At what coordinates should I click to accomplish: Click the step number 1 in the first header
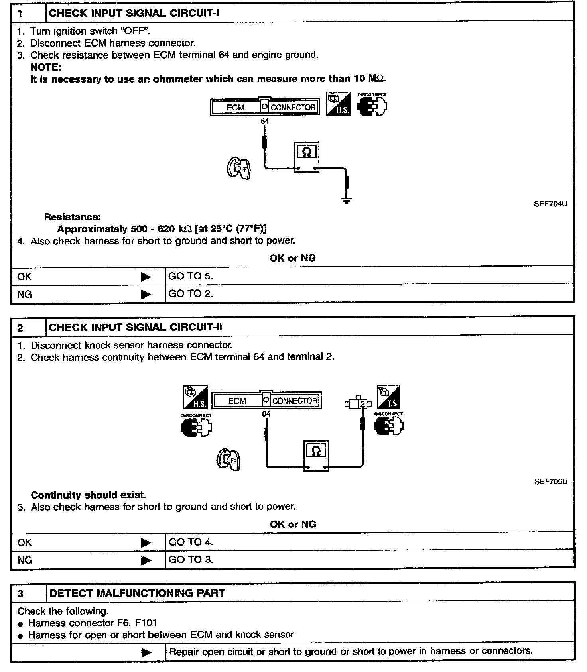20,14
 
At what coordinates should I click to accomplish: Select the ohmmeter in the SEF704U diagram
307,157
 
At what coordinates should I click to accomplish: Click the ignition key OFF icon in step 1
239,168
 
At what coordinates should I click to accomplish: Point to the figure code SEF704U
550,204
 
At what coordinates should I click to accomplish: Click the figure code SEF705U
551,481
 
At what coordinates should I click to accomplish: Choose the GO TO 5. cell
191,276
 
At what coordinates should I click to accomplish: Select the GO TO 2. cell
191,293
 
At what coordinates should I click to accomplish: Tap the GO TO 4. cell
191,542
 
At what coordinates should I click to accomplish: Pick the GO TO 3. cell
191,560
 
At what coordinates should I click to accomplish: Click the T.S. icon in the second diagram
388,397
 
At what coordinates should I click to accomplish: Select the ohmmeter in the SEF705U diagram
316,456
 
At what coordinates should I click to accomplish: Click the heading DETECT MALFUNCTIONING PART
137,593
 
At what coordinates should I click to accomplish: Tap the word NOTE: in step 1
46,67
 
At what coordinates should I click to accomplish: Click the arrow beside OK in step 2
146,543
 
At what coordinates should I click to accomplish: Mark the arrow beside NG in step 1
146,294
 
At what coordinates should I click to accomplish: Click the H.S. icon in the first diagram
339,104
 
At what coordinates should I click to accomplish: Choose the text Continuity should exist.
89,495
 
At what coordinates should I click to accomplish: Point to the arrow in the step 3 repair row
146,653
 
